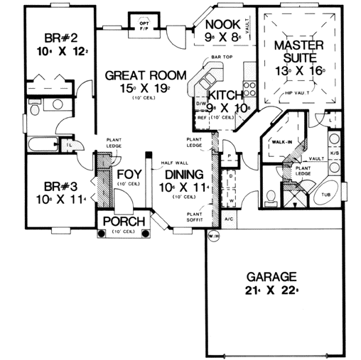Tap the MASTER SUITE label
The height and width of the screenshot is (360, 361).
coord(299,52)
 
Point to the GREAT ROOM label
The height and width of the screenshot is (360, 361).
coord(146,75)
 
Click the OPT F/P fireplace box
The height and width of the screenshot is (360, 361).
coord(144,26)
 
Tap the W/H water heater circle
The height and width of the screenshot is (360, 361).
coord(213,235)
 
